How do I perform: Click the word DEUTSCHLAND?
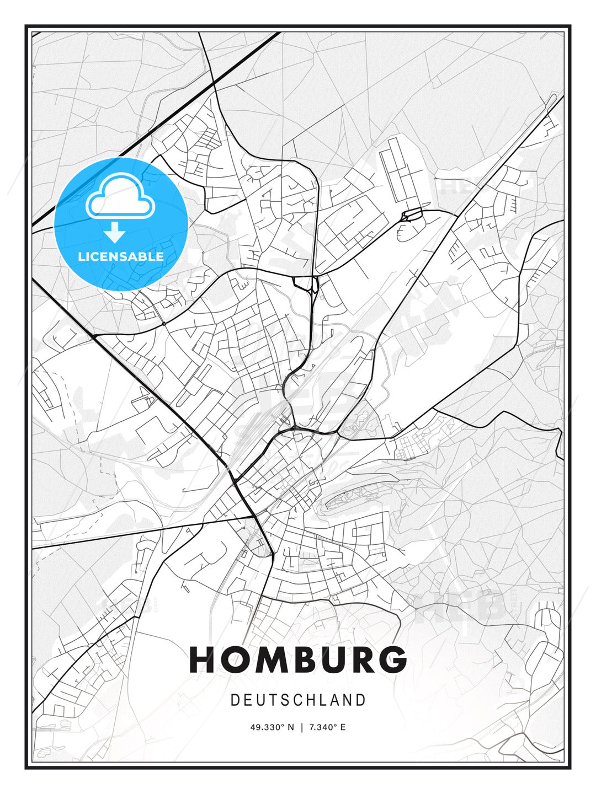tap(298, 700)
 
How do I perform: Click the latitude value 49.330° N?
tap(273, 727)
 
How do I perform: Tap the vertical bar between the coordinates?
tap(301, 727)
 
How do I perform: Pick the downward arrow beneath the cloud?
tap(115, 232)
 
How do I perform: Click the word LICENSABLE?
tap(121, 256)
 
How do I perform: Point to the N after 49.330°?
tap(290, 727)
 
